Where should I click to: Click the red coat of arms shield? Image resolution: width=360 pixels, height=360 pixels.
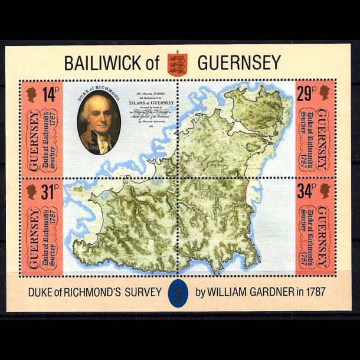click(x=177, y=63)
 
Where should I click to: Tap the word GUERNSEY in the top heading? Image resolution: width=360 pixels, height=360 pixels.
click(x=239, y=63)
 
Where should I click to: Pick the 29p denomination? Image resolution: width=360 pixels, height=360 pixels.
click(x=307, y=93)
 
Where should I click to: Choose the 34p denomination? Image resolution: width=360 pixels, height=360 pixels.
click(x=307, y=191)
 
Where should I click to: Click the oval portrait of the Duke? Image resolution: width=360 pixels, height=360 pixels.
click(x=99, y=124)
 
